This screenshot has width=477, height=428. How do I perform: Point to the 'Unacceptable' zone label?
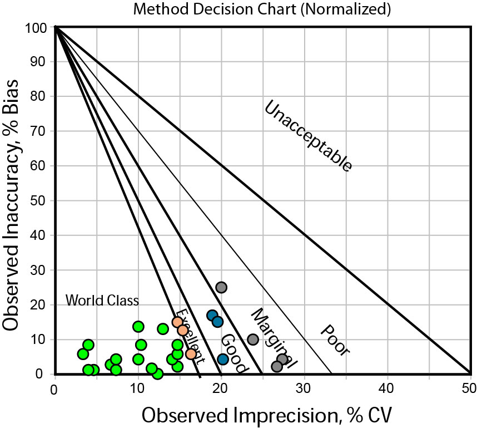click(307, 136)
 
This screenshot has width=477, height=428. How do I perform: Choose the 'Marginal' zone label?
click(272, 338)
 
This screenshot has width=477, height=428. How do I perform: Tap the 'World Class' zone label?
click(102, 301)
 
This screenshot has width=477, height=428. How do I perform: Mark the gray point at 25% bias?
click(221, 287)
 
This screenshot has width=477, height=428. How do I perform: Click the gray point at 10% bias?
click(253, 340)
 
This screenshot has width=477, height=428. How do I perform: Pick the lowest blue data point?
click(223, 359)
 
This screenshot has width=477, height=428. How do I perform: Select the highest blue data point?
click(212, 316)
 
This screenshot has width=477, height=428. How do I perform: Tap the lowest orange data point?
click(191, 354)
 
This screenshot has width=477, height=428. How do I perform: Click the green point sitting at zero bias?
click(157, 373)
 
